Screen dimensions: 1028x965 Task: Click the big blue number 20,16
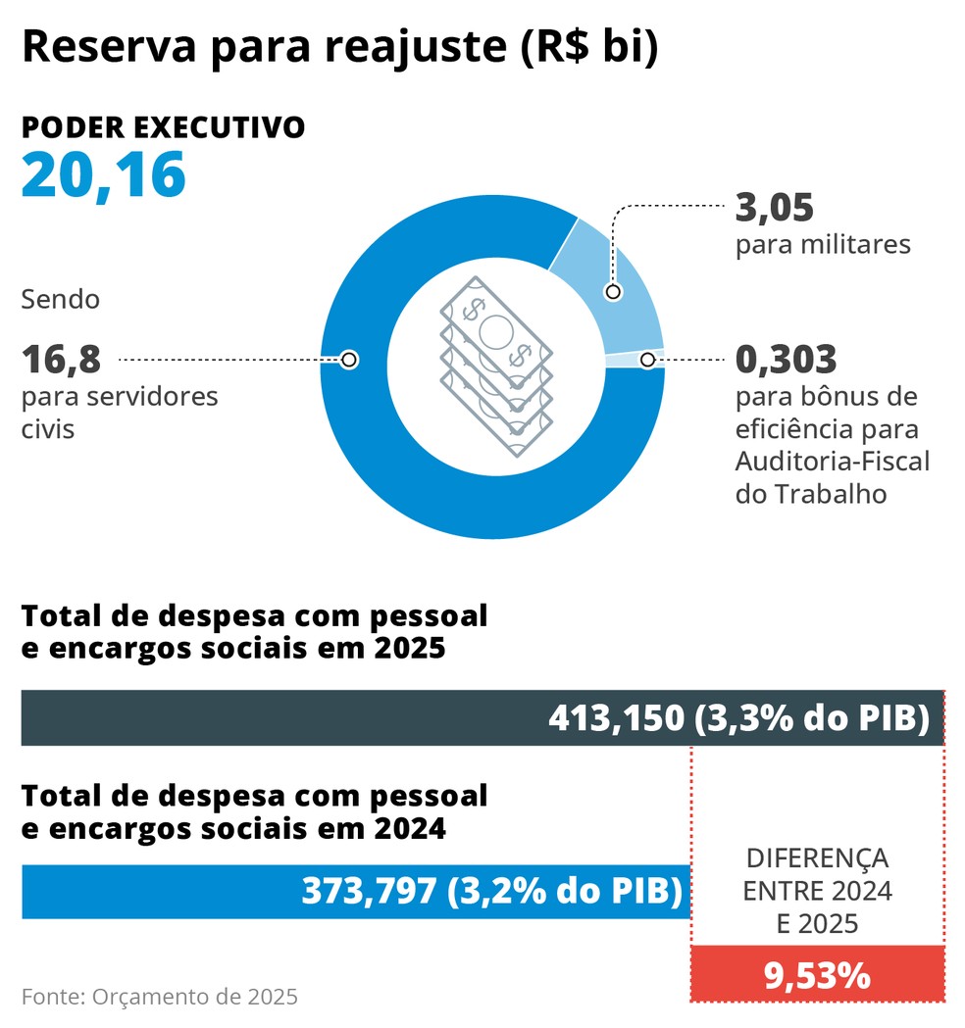103,175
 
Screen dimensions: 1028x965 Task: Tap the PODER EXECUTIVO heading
163,128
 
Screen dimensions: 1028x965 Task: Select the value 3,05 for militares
775,209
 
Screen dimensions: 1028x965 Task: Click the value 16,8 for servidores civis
61,360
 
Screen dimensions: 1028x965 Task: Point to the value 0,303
786,360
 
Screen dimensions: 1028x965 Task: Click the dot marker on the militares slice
613,291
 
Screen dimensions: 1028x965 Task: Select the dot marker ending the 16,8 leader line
348,360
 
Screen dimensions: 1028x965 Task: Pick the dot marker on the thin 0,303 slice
647,360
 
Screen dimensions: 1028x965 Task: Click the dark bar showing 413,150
482,718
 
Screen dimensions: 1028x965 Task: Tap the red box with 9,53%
817,974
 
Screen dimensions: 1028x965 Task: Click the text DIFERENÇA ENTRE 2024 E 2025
817,891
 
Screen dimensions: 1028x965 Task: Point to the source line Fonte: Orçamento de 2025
159,998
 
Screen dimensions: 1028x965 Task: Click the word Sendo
61,299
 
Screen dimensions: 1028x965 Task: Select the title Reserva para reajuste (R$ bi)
339,47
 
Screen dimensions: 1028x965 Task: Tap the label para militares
823,244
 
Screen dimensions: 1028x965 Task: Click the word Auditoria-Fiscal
833,461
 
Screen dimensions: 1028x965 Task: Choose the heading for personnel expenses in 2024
254,811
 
